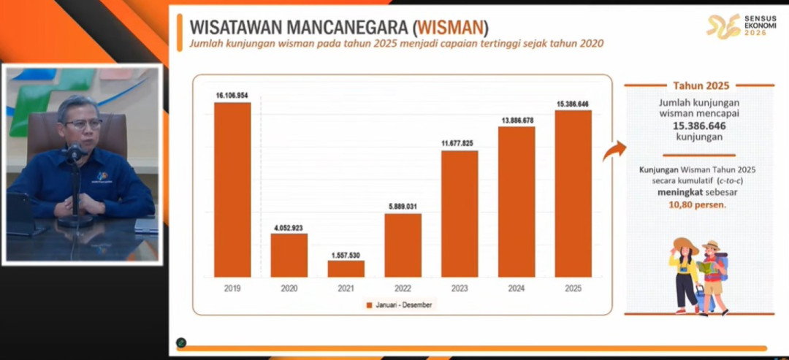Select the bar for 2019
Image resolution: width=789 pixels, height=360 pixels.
pos(232,190)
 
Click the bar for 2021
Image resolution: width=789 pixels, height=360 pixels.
pos(346,269)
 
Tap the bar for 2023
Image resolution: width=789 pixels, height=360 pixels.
pos(460,214)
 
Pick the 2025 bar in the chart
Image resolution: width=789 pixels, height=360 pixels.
pos(573,194)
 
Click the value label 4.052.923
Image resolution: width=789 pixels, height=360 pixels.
pos(289,227)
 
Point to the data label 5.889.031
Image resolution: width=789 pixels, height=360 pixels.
pos(403,207)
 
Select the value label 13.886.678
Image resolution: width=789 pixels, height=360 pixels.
pos(517,120)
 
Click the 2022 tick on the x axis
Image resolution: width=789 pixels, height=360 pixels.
pos(403,288)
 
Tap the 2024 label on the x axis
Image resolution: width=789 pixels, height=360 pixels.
pos(517,288)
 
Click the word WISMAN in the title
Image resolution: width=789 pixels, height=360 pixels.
pos(450,28)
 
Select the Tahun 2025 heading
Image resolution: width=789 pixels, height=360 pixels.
pos(701,85)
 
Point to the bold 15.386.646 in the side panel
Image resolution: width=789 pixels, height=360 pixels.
pos(700,126)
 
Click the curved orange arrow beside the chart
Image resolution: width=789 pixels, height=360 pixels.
pos(614,151)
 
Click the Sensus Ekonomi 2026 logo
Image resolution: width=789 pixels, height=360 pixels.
pos(736,26)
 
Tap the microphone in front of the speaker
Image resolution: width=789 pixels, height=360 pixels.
pos(75,153)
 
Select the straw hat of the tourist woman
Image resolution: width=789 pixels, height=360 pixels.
pos(686,245)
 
